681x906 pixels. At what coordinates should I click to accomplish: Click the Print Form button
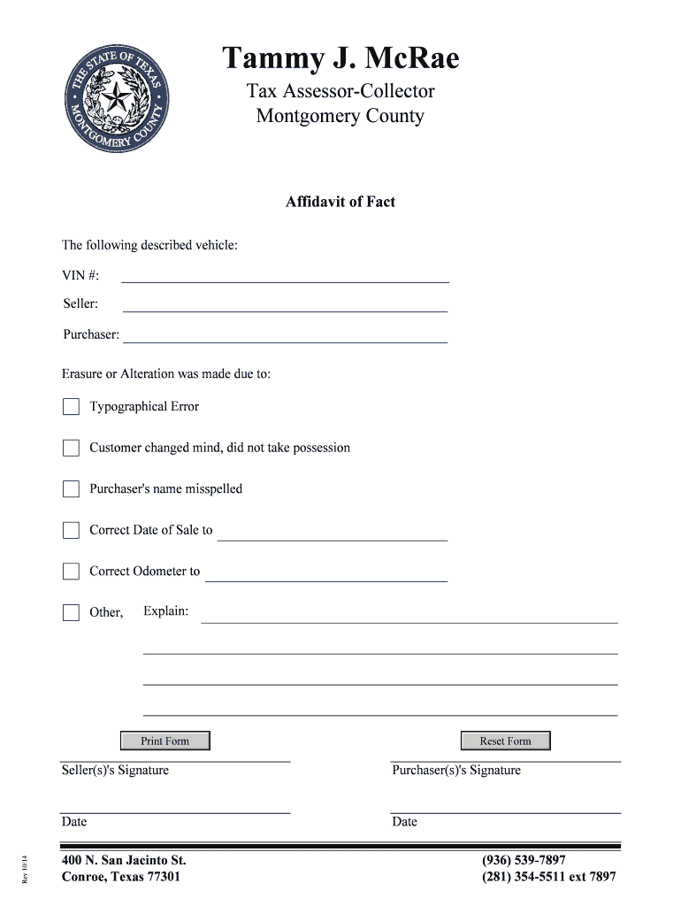click(165, 741)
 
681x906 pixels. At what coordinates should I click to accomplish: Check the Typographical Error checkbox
click(71, 407)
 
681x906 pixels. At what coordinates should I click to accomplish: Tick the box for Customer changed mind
click(71, 448)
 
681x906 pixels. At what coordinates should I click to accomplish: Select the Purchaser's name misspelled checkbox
click(71, 489)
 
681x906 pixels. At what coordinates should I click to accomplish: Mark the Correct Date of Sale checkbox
click(71, 530)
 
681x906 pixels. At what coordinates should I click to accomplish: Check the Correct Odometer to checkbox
click(71, 572)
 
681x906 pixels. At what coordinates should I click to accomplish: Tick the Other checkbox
click(71, 612)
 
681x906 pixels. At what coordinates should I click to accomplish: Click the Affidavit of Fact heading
click(340, 202)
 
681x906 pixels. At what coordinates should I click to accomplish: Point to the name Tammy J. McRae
click(340, 58)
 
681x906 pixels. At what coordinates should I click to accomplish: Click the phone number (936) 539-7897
click(524, 860)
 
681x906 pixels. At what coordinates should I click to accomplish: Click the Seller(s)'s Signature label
click(115, 770)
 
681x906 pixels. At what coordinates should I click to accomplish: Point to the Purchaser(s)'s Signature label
click(456, 770)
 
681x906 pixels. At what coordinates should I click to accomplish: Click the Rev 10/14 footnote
click(27, 866)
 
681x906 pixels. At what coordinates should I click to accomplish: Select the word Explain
click(165, 610)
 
